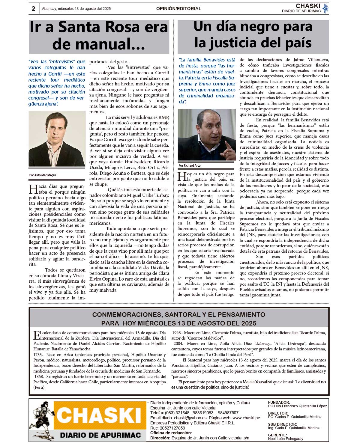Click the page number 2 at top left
point(33,9)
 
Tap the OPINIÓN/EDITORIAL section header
point(178,9)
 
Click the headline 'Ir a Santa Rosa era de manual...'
point(99,35)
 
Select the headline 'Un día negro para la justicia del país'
point(253,35)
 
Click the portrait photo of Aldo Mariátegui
point(57,139)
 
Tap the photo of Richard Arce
point(207,135)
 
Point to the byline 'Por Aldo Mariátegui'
point(43,175)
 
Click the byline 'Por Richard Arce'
point(190,165)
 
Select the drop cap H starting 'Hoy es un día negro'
point(182,177)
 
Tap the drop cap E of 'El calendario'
point(36,335)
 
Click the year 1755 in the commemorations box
point(39,355)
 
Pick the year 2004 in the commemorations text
point(178,343)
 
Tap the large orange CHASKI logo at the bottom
point(99,416)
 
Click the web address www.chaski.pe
point(246,418)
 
